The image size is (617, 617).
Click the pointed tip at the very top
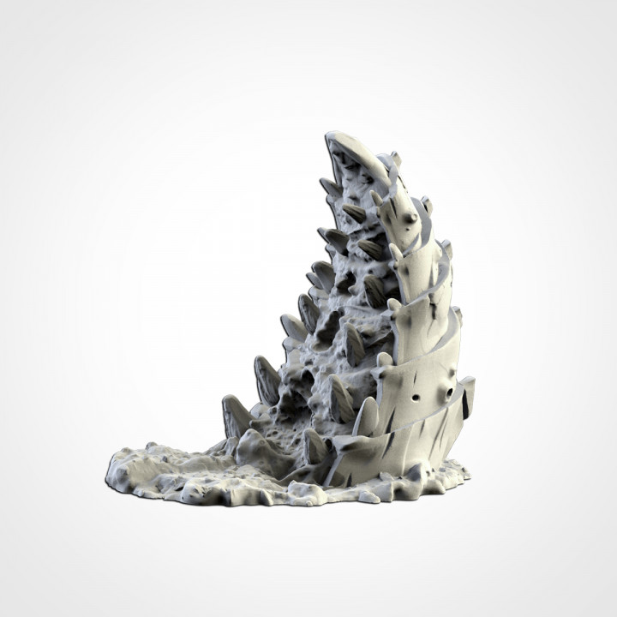tap(330, 135)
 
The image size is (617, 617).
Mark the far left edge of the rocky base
tap(107, 470)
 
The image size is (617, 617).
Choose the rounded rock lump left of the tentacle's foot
tap(257, 446)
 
